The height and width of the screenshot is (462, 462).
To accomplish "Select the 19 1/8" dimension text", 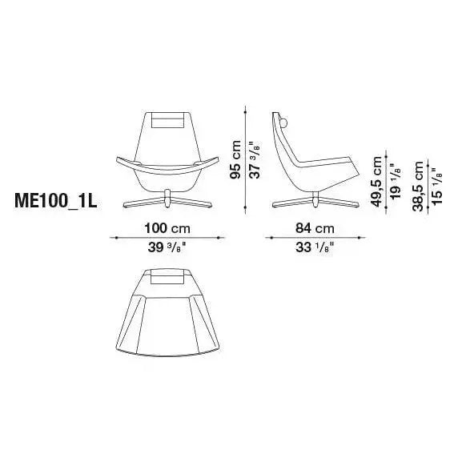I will (395, 181).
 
